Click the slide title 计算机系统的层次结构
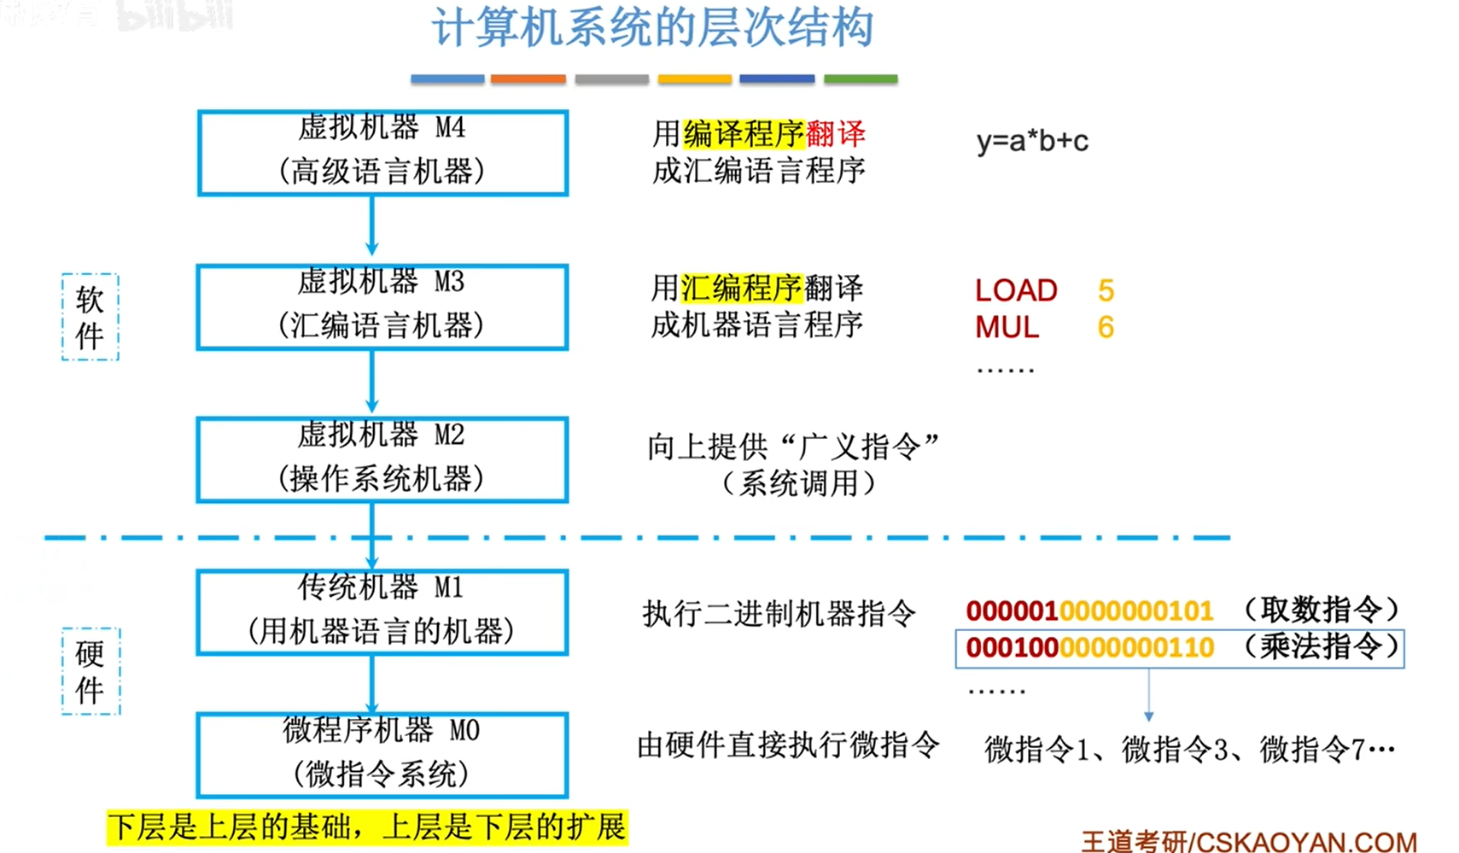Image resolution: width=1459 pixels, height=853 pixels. click(x=652, y=29)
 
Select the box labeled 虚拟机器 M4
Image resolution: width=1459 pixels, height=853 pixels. click(x=382, y=152)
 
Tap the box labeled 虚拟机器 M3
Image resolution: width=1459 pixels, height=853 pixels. click(x=382, y=307)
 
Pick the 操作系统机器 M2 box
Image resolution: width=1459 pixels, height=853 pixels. click(x=382, y=459)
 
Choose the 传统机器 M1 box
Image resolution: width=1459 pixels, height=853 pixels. click(x=382, y=612)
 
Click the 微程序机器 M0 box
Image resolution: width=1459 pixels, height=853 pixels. click(x=382, y=755)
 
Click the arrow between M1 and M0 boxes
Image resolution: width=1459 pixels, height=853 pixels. click(x=371, y=683)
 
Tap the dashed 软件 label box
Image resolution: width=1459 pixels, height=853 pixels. click(x=90, y=317)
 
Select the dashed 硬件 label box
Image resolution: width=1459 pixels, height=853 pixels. click(x=90, y=671)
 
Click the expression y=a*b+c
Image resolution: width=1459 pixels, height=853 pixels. click(x=1032, y=141)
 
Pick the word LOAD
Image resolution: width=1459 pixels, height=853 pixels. click(x=1016, y=290)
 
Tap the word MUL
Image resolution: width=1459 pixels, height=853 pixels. click(x=1007, y=327)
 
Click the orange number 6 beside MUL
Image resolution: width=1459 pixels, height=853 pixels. click(x=1106, y=327)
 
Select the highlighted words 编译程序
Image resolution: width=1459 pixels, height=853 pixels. click(x=744, y=134)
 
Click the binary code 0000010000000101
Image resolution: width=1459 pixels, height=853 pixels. click(x=1089, y=611)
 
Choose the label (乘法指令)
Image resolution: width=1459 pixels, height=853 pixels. click(x=1321, y=646)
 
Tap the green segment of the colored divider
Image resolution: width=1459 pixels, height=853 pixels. click(x=861, y=79)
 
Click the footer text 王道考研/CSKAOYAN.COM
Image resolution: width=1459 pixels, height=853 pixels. click(x=1248, y=841)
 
